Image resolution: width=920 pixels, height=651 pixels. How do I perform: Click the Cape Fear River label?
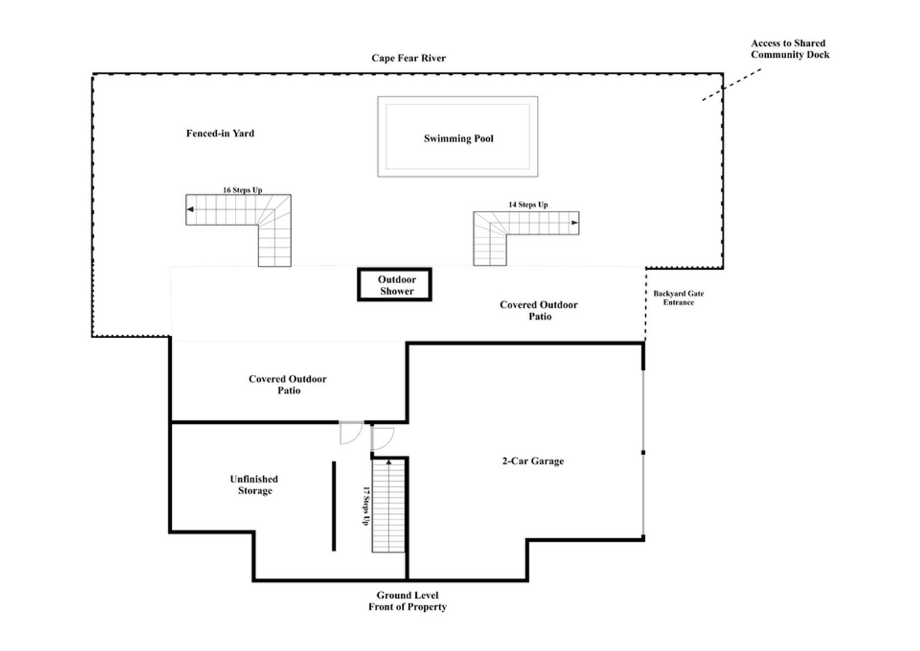click(x=408, y=58)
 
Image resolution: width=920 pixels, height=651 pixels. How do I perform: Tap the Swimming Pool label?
click(x=458, y=139)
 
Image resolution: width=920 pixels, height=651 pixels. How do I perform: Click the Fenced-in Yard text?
click(x=220, y=133)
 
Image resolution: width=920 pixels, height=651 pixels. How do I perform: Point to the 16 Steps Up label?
click(x=242, y=190)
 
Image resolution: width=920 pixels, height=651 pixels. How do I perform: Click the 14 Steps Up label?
click(x=528, y=205)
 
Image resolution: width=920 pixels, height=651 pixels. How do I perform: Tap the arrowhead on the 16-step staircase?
click(x=190, y=209)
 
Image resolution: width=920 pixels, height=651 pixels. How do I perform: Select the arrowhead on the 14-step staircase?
click(x=575, y=223)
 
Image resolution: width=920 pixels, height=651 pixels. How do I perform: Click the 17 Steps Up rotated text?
click(x=366, y=506)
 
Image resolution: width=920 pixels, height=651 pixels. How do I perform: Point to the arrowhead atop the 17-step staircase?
click(x=389, y=462)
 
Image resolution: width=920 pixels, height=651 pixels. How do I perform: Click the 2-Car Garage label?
click(x=533, y=461)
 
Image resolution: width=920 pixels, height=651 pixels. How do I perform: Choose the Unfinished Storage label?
click(x=254, y=485)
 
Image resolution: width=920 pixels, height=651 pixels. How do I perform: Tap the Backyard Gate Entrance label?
click(x=678, y=298)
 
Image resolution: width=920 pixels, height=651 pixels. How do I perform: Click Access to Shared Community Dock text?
click(x=790, y=49)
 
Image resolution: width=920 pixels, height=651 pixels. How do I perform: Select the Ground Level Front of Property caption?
click(x=407, y=601)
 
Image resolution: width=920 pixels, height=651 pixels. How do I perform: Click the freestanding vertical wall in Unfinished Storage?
click(x=334, y=506)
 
